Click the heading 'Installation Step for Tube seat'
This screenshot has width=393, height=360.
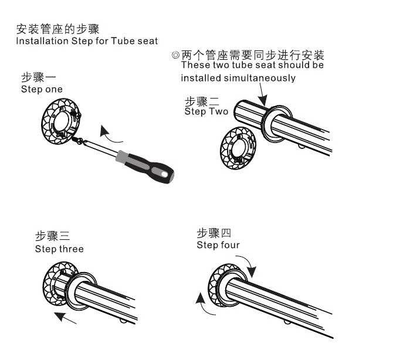tap(87, 42)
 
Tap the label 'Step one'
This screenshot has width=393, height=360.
tap(42, 89)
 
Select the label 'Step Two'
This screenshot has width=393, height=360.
tap(206, 111)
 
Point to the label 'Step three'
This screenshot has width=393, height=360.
tap(59, 249)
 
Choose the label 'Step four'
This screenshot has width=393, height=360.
tap(218, 245)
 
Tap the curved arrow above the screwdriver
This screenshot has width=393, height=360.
tap(112, 133)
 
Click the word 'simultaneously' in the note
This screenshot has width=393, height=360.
tap(258, 77)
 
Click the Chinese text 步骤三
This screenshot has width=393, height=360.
tap(52, 236)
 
